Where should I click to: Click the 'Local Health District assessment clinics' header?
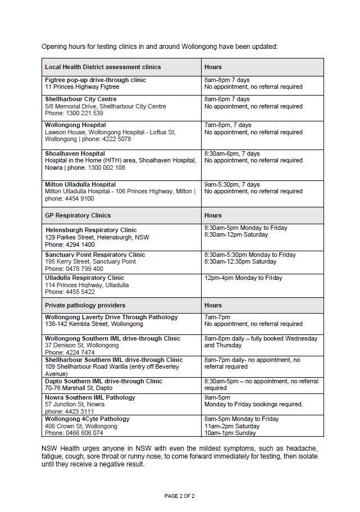click(103, 67)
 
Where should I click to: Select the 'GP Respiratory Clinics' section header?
click(78, 215)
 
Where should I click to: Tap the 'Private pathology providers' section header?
click(85, 305)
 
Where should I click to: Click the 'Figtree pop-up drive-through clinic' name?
click(95, 80)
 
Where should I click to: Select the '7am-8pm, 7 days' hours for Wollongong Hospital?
click(228, 125)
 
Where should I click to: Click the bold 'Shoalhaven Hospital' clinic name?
click(75, 153)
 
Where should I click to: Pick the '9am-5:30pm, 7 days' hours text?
click(232, 184)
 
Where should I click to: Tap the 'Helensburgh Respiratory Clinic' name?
click(91, 230)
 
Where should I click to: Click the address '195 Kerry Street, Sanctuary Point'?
click(90, 262)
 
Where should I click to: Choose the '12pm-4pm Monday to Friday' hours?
click(243, 278)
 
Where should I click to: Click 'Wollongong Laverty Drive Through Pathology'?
click(111, 317)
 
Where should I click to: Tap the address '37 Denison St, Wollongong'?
click(82, 346)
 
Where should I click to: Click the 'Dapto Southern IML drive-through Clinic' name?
click(103, 381)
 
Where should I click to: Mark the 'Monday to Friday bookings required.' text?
click(253, 404)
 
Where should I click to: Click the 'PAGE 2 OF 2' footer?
click(180, 496)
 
